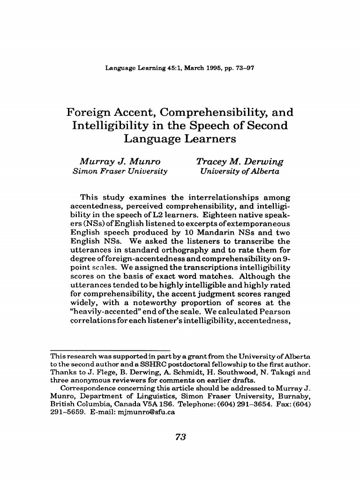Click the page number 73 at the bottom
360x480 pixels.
(180, 437)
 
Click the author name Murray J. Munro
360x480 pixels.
(120, 162)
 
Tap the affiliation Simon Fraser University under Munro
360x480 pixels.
(120, 172)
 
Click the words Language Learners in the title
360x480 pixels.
(180, 139)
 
